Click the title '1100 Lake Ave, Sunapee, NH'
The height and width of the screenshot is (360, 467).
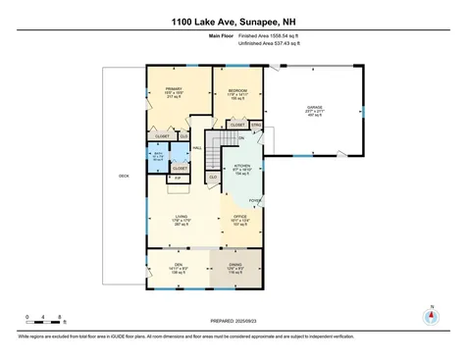[233, 21]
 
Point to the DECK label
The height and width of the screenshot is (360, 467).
[124, 176]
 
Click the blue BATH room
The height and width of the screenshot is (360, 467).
[157, 155]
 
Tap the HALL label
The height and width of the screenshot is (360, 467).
[196, 148]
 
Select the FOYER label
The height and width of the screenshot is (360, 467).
[253, 200]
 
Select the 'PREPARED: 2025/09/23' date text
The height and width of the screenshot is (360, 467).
[233, 321]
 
